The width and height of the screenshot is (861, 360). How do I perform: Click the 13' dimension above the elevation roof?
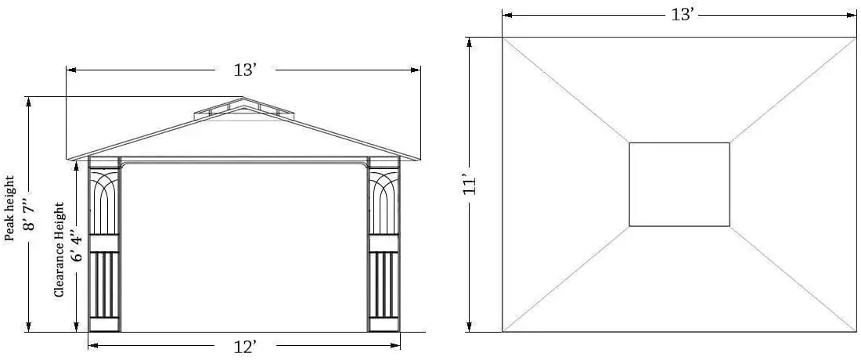click(x=245, y=70)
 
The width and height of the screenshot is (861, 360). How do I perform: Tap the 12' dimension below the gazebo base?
click(x=245, y=347)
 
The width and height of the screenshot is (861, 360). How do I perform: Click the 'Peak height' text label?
click(x=10, y=209)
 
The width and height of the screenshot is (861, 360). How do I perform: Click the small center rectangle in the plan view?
click(x=679, y=185)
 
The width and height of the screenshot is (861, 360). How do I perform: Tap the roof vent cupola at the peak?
click(x=243, y=109)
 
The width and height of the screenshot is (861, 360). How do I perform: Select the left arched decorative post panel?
click(x=104, y=202)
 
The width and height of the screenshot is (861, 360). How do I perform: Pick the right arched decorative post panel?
click(x=384, y=202)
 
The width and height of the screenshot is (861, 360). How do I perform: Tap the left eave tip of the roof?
click(x=69, y=160)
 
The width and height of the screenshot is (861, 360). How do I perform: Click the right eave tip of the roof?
click(x=420, y=160)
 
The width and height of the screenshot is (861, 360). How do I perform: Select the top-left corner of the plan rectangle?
click(x=503, y=38)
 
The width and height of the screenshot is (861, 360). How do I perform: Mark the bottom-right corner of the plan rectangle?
click(x=856, y=332)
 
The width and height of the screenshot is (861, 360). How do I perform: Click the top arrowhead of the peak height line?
click(x=28, y=100)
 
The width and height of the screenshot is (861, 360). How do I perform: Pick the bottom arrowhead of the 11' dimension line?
click(x=470, y=329)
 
